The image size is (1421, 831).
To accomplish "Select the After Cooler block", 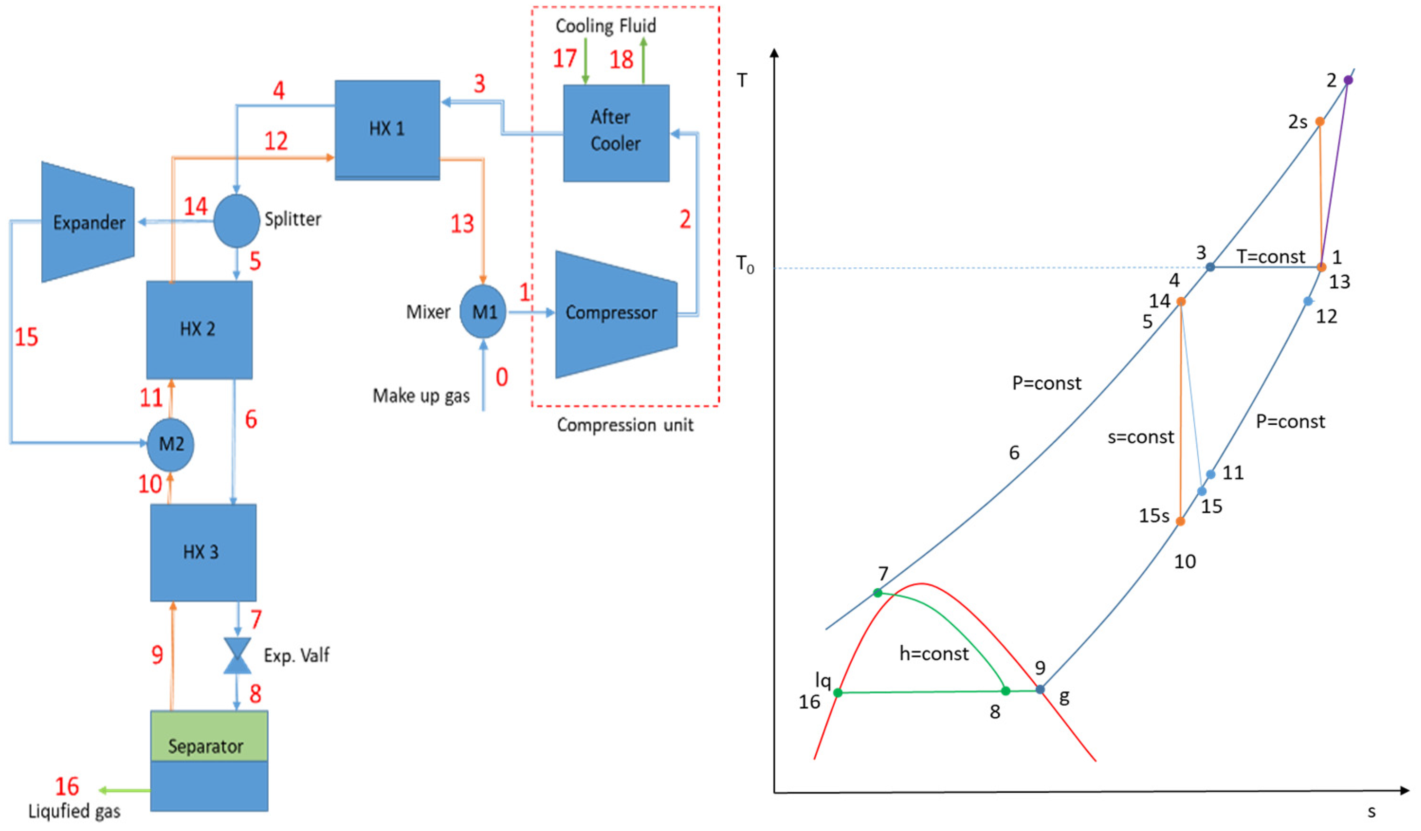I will [x=616, y=132].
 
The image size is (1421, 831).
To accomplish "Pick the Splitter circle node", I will [x=236, y=220].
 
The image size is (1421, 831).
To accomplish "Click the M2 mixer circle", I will [x=170, y=444].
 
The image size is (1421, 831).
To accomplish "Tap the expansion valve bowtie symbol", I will [x=237, y=656].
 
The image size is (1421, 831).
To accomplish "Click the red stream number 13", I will [x=462, y=224].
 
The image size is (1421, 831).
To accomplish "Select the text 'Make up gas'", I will [x=421, y=396].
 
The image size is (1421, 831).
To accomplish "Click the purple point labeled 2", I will [x=1348, y=80].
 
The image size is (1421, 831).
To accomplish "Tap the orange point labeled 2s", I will [x=1320, y=122].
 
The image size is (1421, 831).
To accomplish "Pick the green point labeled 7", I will [x=877, y=593].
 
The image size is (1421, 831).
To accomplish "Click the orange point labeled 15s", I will [x=1180, y=521].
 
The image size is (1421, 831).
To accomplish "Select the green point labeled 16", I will [x=838, y=692].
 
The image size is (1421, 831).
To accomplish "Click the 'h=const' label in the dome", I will [x=934, y=654].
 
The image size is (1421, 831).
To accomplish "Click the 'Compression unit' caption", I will [x=625, y=425].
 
